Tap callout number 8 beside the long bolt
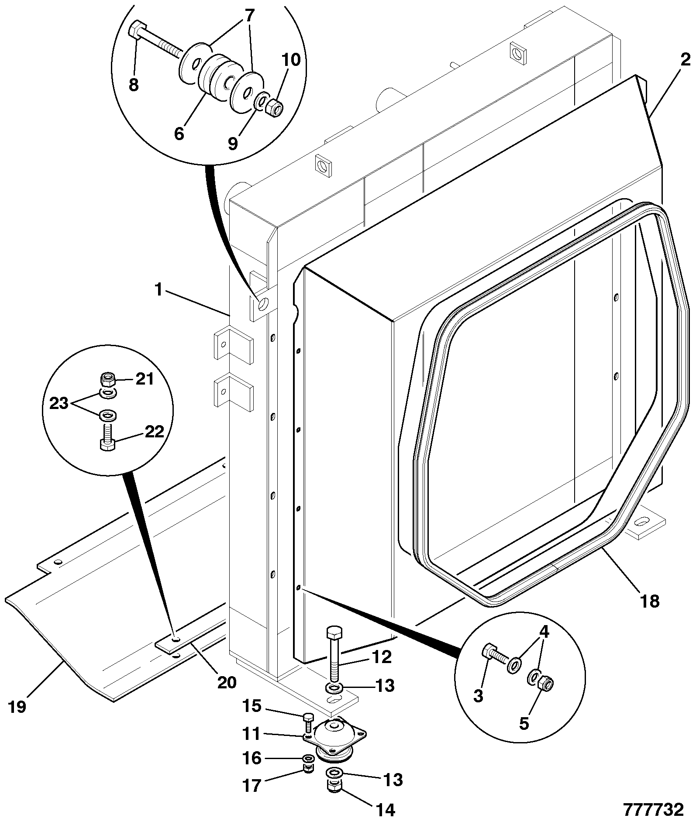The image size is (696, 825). (x=134, y=85)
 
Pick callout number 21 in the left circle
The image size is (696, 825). (x=145, y=379)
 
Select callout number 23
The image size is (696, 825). (x=59, y=403)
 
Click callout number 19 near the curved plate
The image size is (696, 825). (x=18, y=707)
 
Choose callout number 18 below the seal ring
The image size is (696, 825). (x=650, y=601)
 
